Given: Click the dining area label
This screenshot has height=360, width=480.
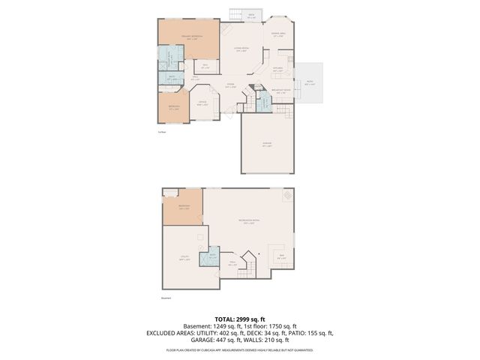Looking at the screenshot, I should coord(278,34).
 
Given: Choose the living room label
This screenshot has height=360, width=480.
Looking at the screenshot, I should coord(241,49).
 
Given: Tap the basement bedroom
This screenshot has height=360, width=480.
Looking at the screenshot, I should coord(184,208).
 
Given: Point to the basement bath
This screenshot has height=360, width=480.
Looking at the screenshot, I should coord(213,256).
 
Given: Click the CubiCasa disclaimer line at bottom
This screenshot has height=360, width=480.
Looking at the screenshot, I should coord(239,349).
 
